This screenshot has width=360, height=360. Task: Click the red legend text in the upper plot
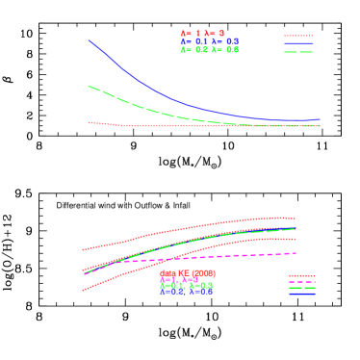202,34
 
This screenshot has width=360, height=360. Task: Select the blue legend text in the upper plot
209,41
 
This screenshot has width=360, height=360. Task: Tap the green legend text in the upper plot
209,49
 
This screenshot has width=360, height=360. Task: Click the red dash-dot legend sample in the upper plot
298,36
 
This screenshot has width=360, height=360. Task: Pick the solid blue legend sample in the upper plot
298,43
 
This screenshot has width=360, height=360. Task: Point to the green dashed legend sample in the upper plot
298,51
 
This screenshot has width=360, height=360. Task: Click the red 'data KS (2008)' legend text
188,273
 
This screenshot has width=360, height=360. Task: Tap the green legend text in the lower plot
187,285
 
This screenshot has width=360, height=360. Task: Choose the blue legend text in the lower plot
187,291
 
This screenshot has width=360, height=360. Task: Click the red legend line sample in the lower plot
302,275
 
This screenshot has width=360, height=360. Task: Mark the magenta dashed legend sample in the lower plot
302,281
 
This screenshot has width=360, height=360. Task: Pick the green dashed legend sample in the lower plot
302,287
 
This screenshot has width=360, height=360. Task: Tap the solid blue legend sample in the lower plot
302,293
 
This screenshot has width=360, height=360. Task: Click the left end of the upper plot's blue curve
90,40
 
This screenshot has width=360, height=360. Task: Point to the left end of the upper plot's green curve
90,87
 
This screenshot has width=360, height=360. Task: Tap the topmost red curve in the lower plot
193,228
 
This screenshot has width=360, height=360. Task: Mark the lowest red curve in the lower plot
125,273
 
